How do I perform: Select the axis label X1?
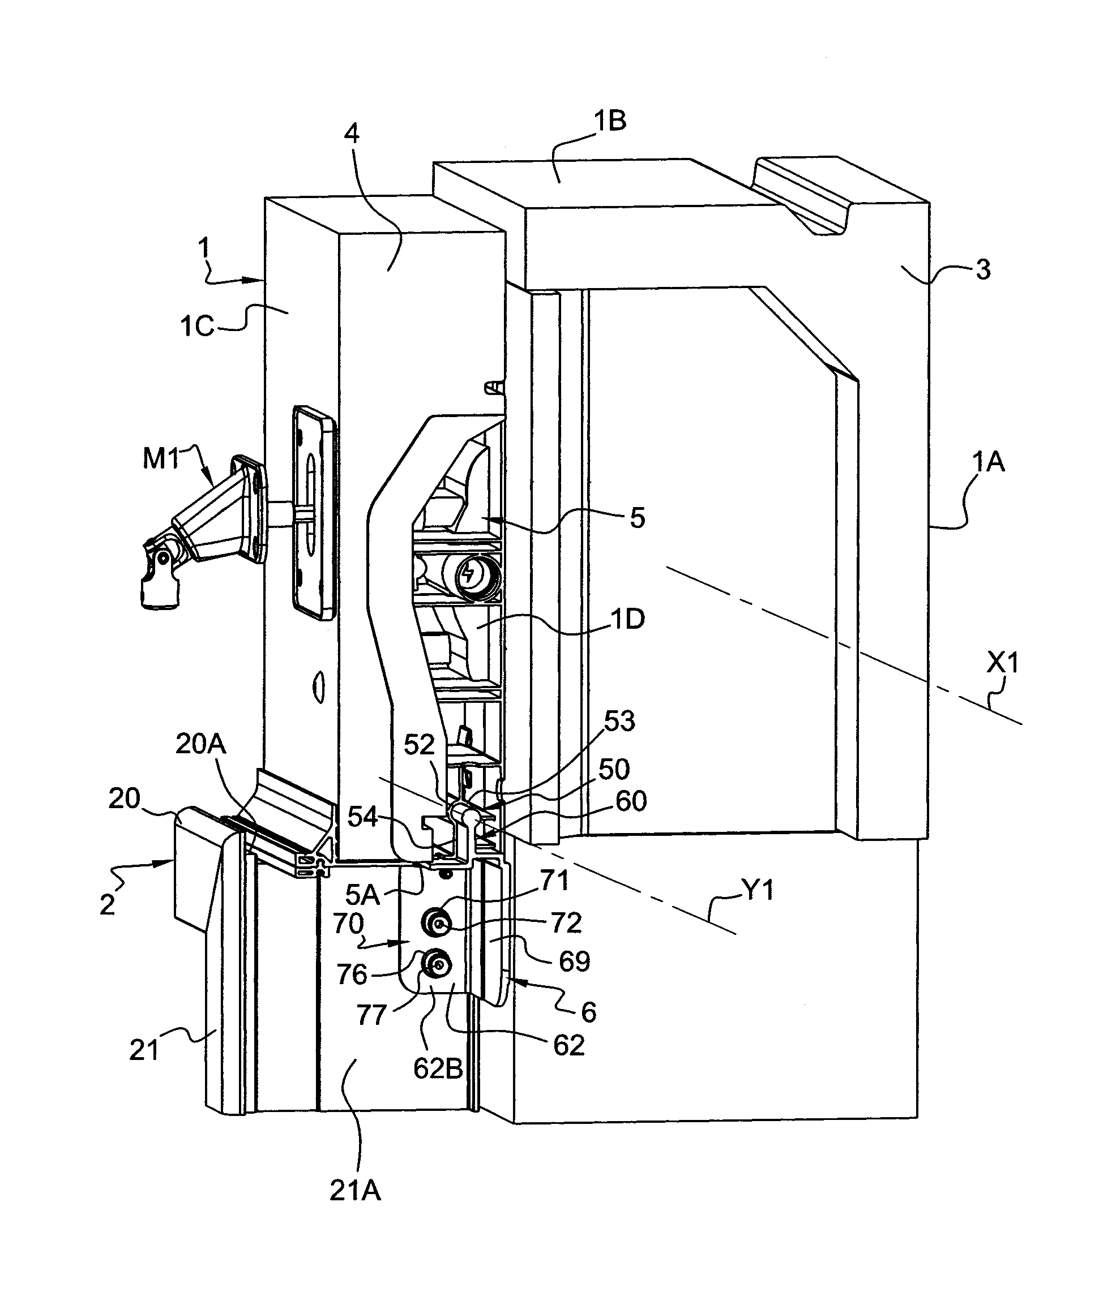click(1002, 664)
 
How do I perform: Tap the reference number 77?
click(372, 1015)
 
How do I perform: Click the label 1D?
click(627, 620)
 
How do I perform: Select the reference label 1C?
click(197, 326)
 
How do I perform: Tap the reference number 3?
click(982, 270)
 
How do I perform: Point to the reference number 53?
click(619, 721)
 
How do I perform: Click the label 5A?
click(362, 895)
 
